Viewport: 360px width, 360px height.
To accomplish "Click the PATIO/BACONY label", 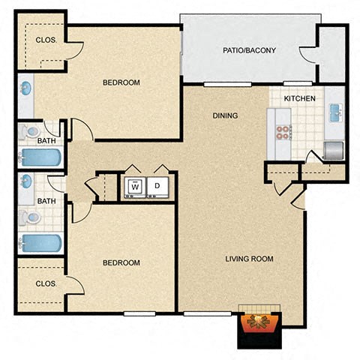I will (x=250, y=51).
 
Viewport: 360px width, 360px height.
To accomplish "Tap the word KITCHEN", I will (x=298, y=99).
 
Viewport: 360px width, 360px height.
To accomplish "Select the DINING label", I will (x=225, y=115).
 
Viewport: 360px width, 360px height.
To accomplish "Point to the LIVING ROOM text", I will (x=250, y=259).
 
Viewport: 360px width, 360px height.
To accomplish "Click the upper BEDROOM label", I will (x=121, y=82).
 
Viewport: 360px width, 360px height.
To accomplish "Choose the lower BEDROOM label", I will (x=121, y=262).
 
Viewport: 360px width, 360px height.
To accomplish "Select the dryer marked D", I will (x=158, y=186).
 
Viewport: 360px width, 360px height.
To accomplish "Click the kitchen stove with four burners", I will (x=283, y=133).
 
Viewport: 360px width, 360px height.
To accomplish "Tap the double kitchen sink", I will (x=334, y=114).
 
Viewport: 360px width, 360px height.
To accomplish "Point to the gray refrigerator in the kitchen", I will (x=333, y=149).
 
